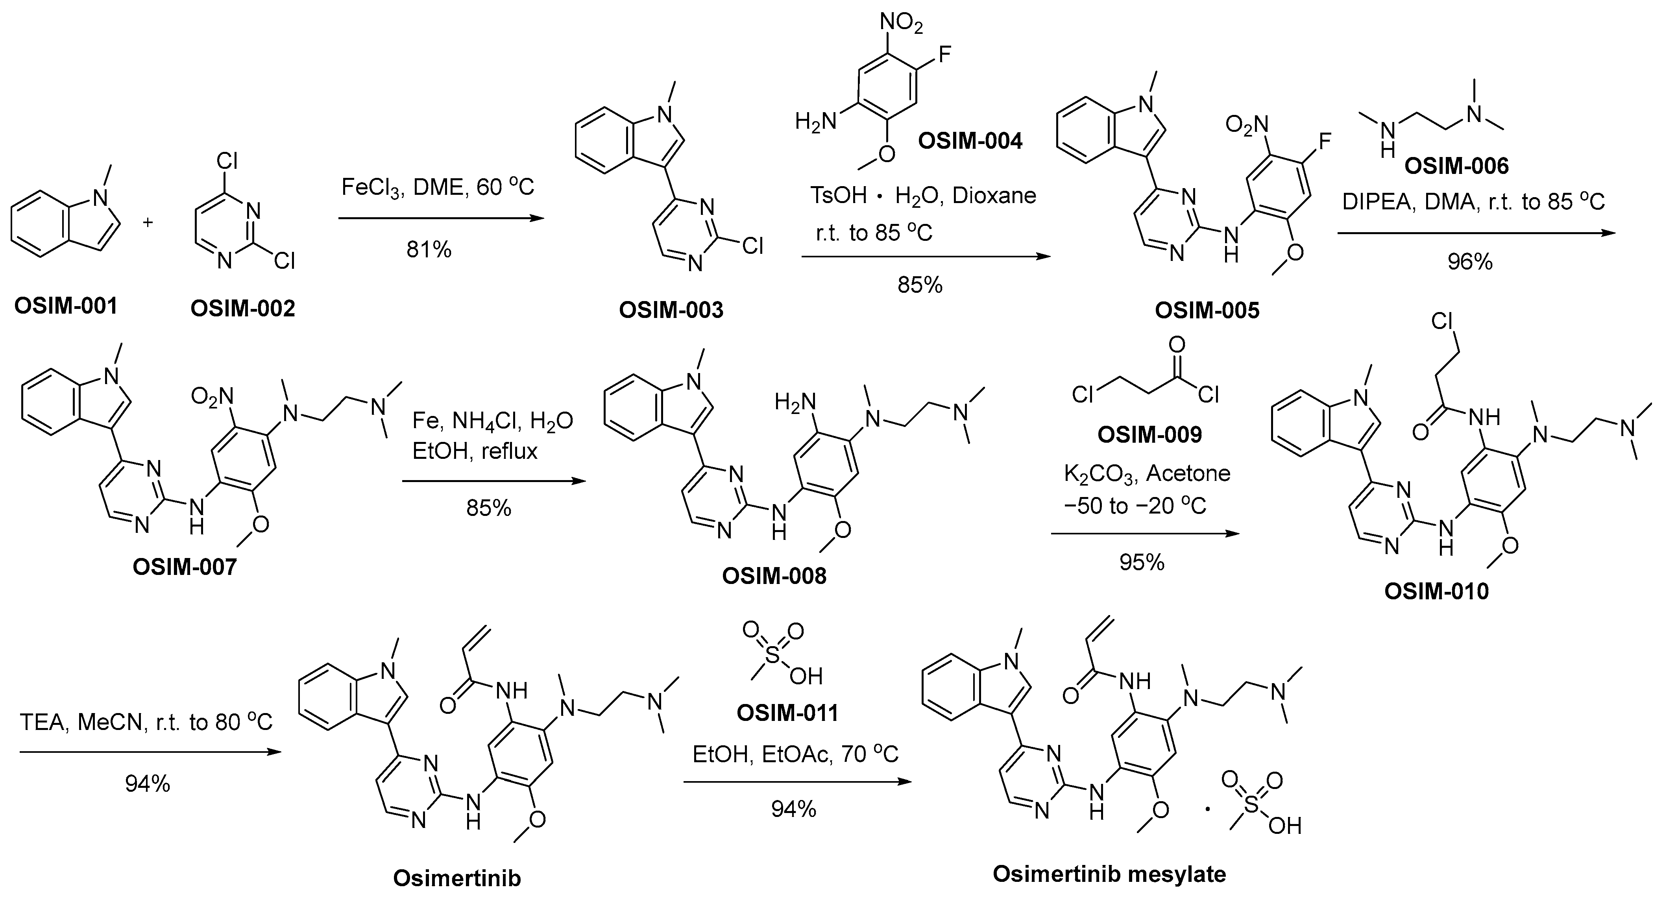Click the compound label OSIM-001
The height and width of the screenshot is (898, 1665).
tap(66, 306)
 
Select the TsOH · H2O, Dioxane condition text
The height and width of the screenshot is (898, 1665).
tap(922, 195)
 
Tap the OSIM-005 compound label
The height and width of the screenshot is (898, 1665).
tap(1207, 310)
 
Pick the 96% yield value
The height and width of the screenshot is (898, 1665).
tap(1470, 261)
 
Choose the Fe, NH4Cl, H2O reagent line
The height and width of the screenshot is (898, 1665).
tap(493, 421)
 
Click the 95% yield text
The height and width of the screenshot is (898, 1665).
tap(1142, 562)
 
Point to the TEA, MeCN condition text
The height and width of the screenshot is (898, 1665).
tap(146, 722)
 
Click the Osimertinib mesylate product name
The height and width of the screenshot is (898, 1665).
tap(1109, 874)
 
